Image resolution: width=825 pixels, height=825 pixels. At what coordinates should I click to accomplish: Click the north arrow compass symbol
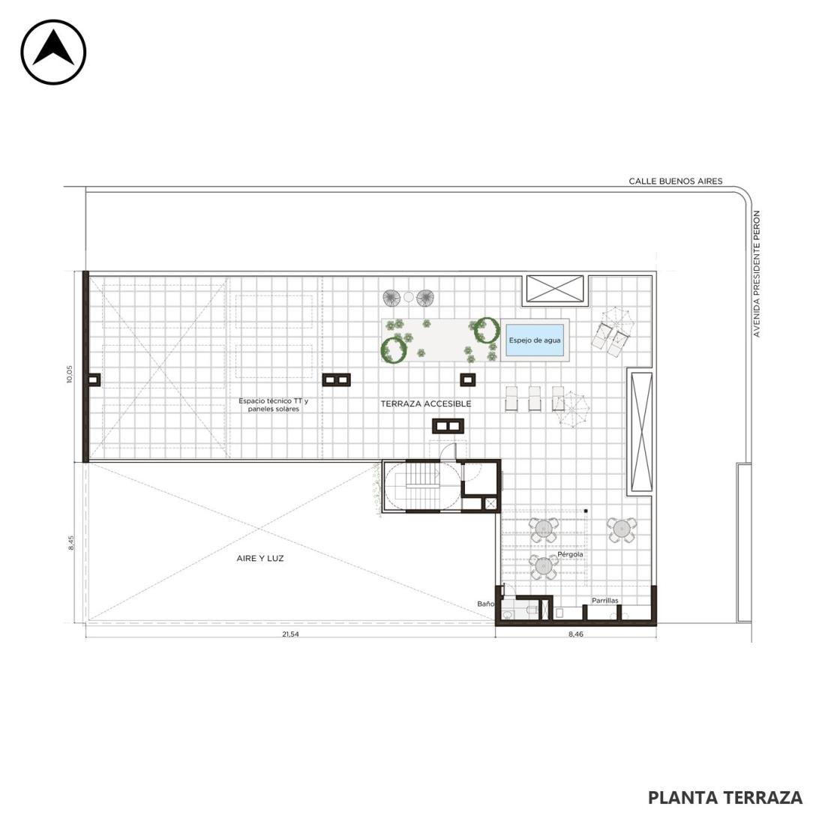pos(53,52)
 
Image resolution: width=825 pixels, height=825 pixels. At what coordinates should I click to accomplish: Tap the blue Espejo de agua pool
pos(535,340)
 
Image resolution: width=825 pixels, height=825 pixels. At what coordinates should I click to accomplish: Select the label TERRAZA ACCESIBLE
pos(426,403)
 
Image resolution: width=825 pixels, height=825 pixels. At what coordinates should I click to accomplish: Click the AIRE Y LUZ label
pos(260,558)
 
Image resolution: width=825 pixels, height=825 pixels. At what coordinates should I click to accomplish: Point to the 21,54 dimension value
pos(290,634)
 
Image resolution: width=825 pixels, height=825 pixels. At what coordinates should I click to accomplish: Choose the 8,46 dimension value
pos(575,634)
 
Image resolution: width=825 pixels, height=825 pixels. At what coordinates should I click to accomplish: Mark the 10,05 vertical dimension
pos(70,374)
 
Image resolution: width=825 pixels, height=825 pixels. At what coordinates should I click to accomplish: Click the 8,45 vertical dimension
pos(71,543)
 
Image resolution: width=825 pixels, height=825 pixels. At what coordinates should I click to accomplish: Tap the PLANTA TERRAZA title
pos(725,798)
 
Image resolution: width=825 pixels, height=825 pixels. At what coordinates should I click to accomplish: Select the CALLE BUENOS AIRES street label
pos(676,181)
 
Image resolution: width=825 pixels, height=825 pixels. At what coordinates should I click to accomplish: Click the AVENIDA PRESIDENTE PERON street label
pos(757,274)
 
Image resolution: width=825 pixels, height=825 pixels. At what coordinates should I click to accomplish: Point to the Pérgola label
pos(570,554)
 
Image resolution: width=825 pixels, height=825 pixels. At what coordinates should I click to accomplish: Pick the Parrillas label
pos(605,600)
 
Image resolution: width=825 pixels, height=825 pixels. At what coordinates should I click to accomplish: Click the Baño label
pos(486,604)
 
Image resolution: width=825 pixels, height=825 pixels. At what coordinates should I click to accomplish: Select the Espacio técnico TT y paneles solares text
pos(274,404)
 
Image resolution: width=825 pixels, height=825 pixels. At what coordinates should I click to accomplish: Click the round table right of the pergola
pos(622,529)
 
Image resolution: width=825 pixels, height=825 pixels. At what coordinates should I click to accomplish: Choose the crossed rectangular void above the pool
pos(555,289)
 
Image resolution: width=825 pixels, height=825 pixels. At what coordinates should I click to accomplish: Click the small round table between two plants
pos(409,297)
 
